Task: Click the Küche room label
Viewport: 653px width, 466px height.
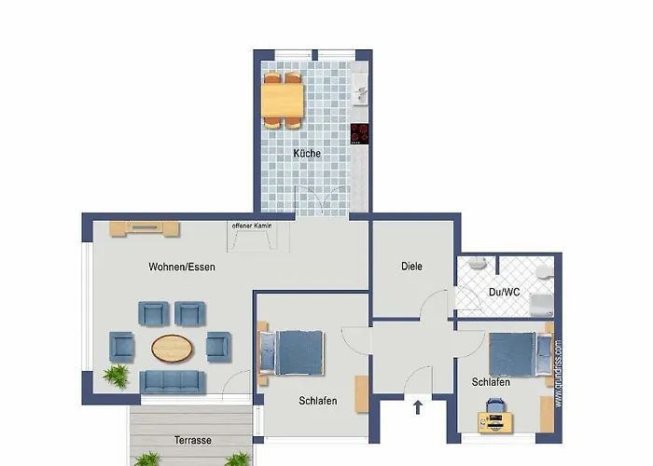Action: (307, 153)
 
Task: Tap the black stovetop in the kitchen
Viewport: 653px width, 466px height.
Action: (360, 133)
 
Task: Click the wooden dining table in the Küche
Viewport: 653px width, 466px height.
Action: (283, 98)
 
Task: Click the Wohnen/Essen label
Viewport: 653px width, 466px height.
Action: (181, 267)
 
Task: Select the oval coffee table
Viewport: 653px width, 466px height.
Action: (174, 348)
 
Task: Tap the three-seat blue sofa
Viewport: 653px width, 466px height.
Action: (174, 380)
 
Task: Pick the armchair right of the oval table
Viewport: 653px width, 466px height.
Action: (217, 345)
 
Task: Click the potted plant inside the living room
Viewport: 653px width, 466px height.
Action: (116, 376)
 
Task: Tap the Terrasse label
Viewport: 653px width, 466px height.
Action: (192, 440)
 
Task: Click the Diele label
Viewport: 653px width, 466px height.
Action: (411, 267)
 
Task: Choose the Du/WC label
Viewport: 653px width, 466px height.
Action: (505, 292)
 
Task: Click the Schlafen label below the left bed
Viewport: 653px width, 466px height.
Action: (318, 401)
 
